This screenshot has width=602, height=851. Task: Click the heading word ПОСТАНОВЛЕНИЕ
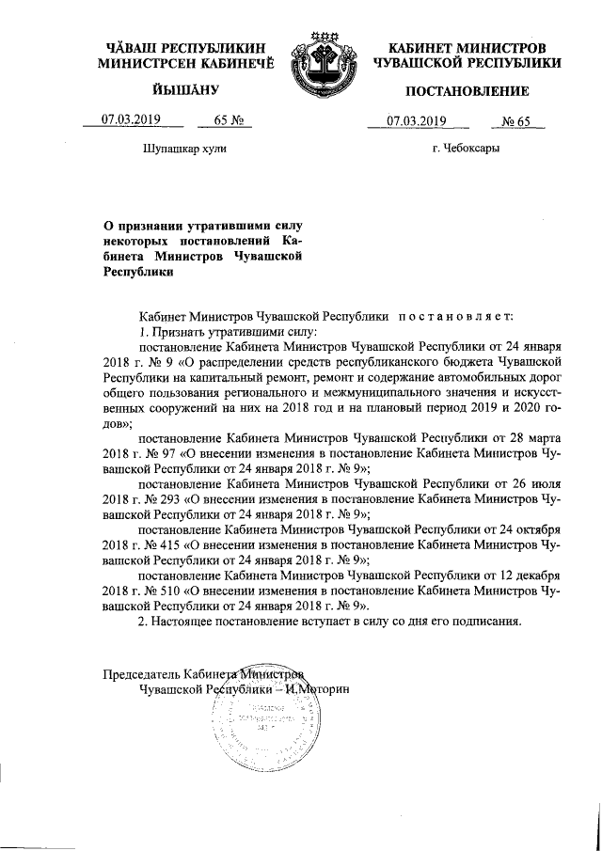[x=467, y=91]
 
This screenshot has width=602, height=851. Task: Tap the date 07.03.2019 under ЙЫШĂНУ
[x=131, y=119]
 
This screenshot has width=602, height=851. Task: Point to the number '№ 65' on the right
[x=517, y=119]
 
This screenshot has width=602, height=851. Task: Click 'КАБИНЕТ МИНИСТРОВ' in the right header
[x=467, y=47]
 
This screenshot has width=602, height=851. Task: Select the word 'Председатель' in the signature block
[x=139, y=673]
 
